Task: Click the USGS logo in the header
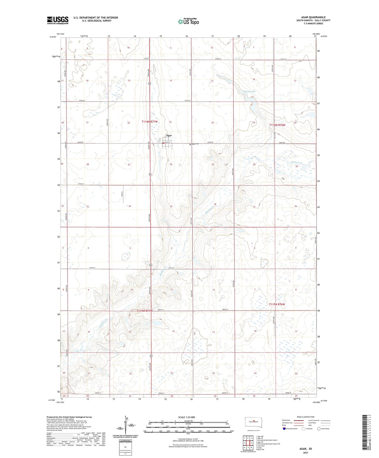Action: coord(58,20)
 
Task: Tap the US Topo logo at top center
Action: coord(188,22)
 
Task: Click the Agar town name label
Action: coord(169,136)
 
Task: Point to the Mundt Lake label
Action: coord(250,91)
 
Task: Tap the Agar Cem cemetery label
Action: coord(195,144)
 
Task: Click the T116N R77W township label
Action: coord(150,122)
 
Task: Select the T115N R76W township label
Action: coord(277,304)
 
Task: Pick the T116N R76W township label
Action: coord(277,125)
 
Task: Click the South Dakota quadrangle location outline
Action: coord(253,422)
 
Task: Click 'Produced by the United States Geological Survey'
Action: coord(69,417)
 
